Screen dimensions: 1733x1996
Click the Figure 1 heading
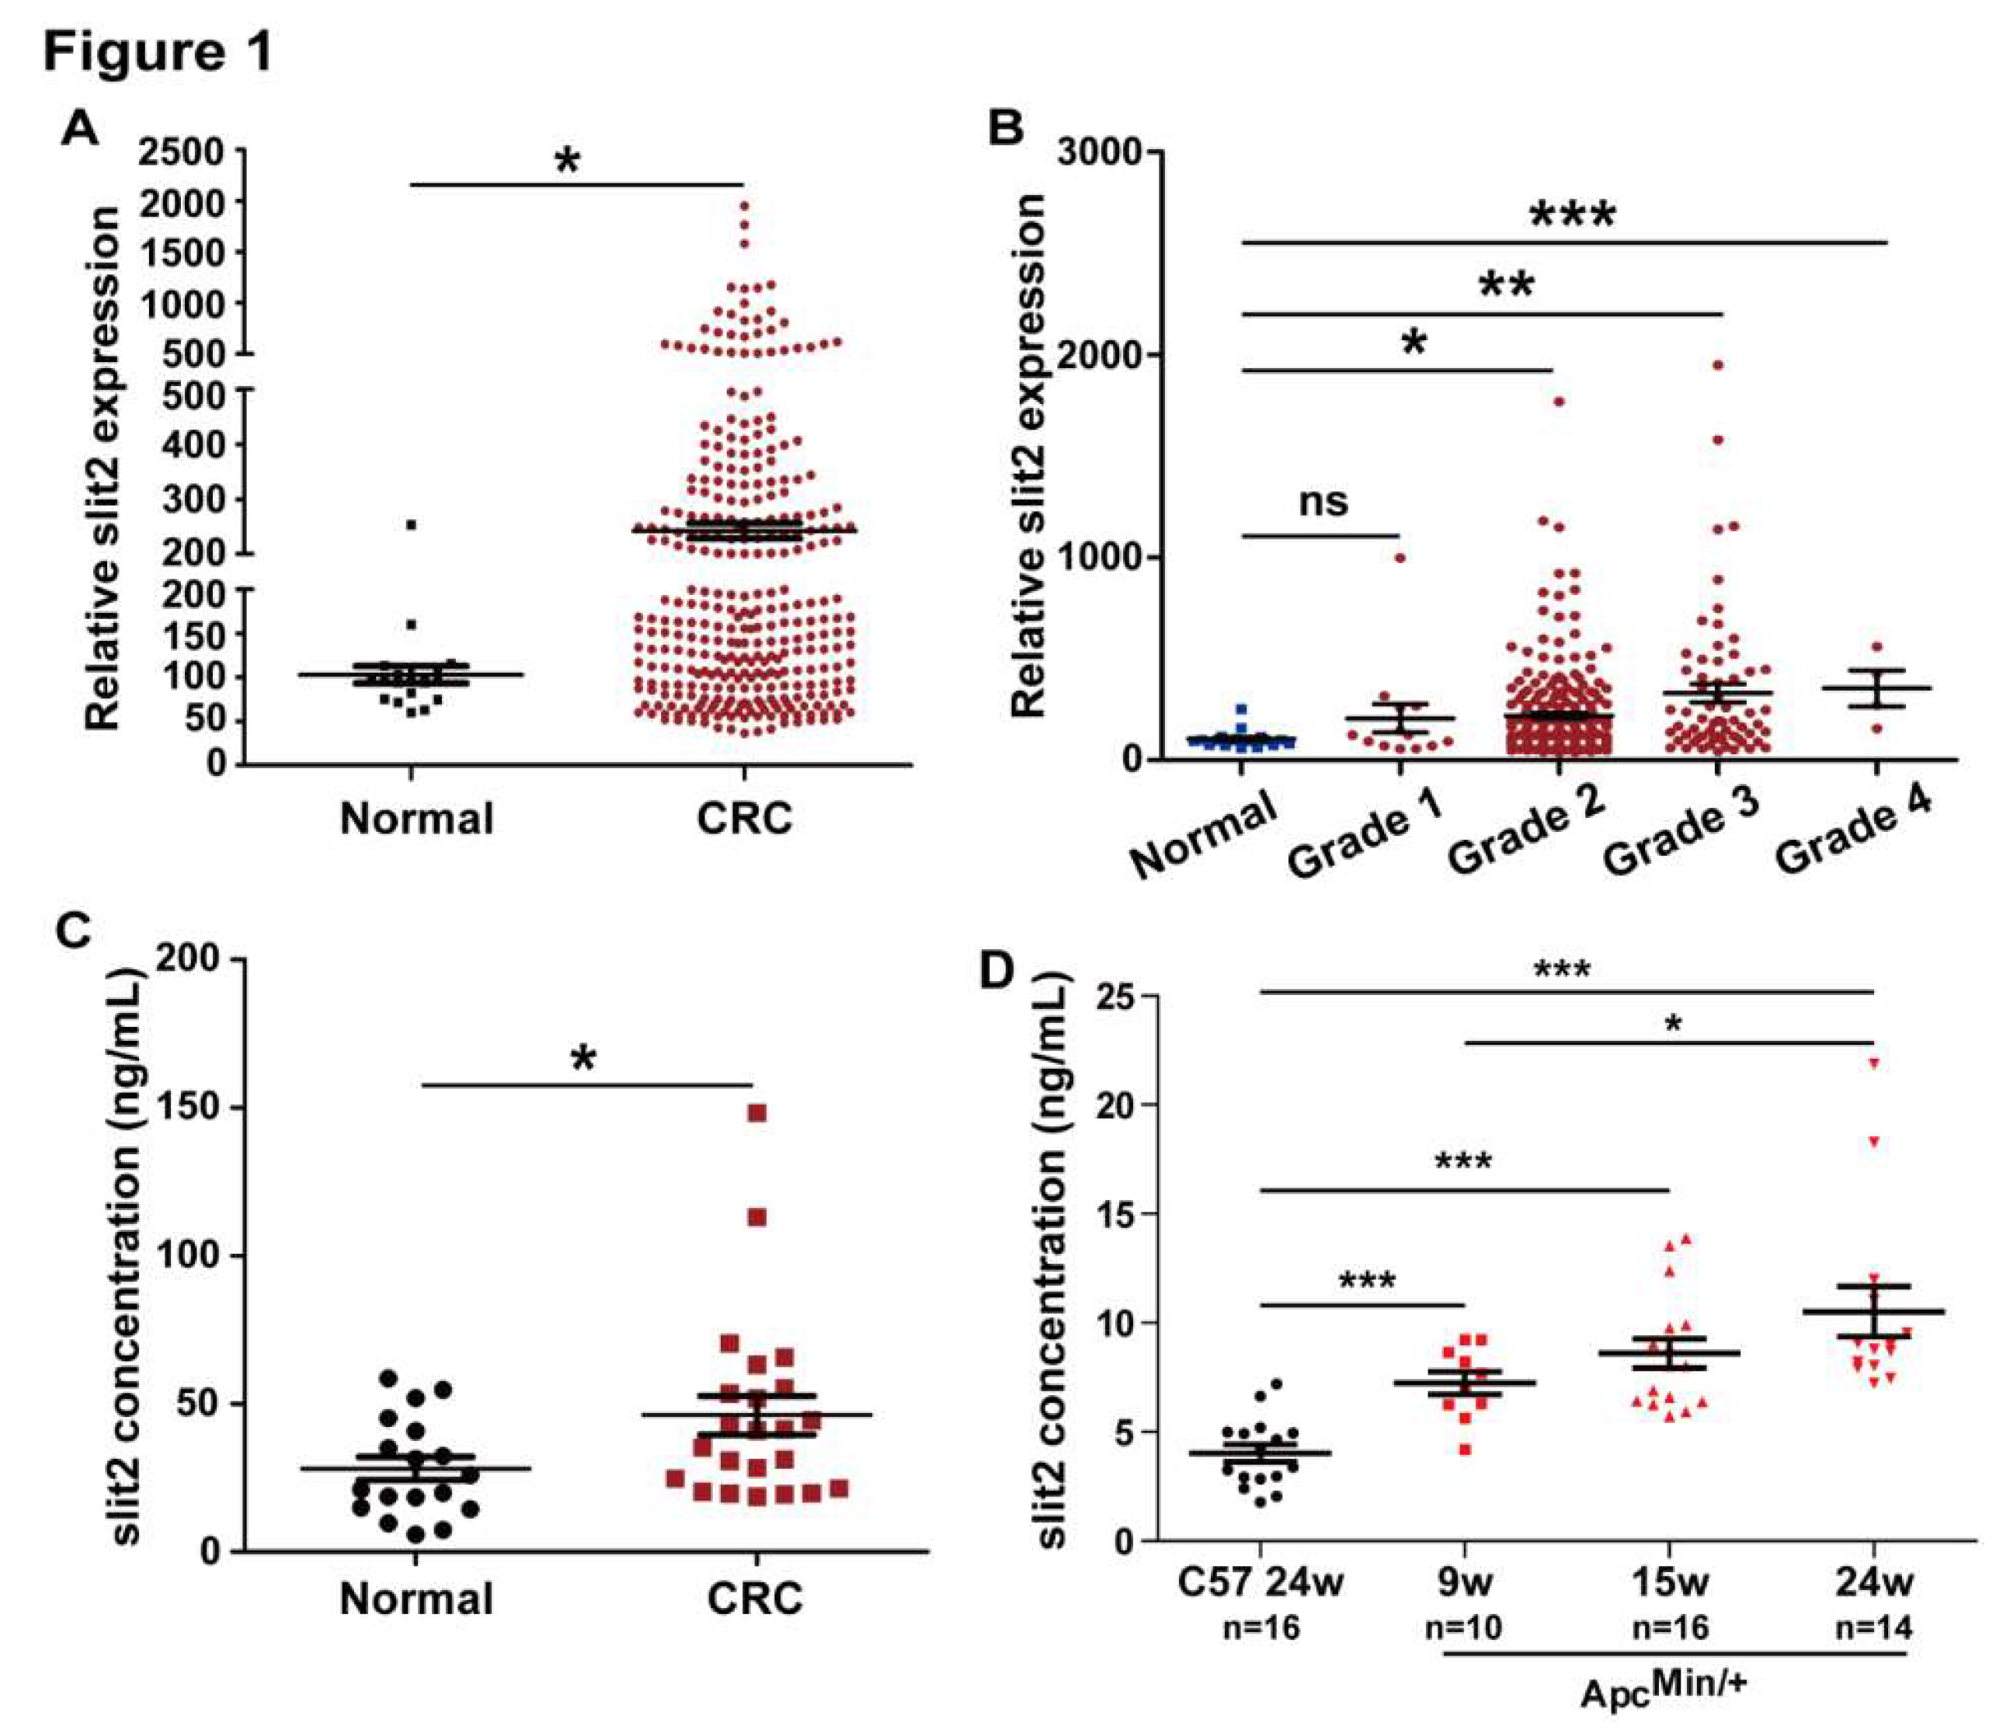[x=158, y=52]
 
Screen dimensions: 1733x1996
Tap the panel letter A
[x=80, y=129]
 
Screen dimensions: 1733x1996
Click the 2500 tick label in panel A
[x=182, y=151]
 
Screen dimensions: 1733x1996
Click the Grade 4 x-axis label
[x=1852, y=833]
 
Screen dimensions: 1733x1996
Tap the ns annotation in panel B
[x=1323, y=501]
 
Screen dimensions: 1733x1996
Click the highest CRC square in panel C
[x=757, y=1113]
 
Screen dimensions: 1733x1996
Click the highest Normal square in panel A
[x=411, y=525]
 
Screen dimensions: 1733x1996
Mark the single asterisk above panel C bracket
[x=583, y=1059]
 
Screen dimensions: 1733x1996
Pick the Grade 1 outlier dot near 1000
[x=1400, y=558]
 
